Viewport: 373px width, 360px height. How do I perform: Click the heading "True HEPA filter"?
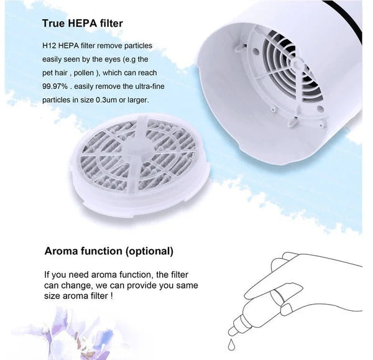point(82,24)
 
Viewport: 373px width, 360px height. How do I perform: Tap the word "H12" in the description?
point(50,46)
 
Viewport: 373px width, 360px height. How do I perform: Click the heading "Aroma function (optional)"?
point(109,252)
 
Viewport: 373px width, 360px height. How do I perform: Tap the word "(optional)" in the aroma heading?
point(149,252)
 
